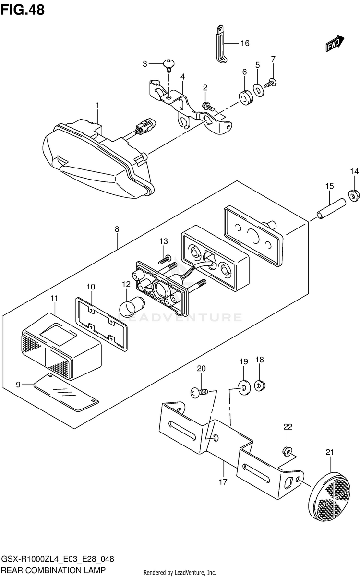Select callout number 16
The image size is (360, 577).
(x=245, y=43)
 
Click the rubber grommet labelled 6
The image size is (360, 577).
(x=246, y=98)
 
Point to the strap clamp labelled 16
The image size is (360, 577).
(x=221, y=44)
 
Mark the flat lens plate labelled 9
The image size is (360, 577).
(x=66, y=392)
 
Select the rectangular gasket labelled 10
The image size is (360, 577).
(x=101, y=324)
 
